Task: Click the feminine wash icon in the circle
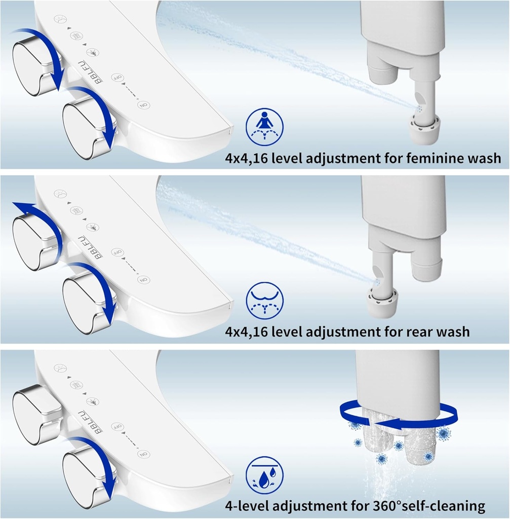[x=264, y=126]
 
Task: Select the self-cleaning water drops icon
[x=264, y=475]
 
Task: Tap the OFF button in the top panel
[x=117, y=78]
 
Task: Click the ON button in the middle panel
[x=143, y=280]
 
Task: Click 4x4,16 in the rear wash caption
[x=247, y=332]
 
